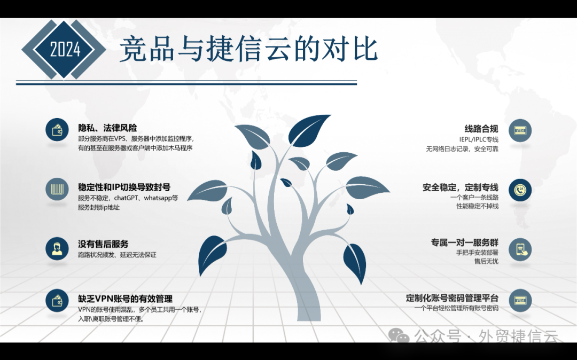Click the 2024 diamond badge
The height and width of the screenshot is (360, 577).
[x=65, y=50]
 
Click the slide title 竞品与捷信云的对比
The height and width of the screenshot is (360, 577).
[x=248, y=50]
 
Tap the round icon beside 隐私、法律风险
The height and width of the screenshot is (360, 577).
[x=57, y=130]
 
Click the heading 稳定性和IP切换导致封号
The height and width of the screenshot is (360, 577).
[x=124, y=187]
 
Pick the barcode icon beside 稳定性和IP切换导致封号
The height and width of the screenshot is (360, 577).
[x=57, y=189]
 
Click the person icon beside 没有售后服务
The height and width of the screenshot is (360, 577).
[x=57, y=248]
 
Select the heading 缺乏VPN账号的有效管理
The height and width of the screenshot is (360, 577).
[x=125, y=299]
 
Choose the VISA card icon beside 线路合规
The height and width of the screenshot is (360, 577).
[x=520, y=130]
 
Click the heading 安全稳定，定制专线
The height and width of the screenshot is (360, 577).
[x=460, y=187]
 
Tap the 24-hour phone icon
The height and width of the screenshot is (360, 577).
[x=520, y=190]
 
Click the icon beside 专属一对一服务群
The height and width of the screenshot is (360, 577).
[x=520, y=249]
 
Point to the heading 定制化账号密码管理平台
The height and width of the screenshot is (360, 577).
[x=452, y=298]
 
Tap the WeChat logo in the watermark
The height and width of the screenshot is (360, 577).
[x=399, y=335]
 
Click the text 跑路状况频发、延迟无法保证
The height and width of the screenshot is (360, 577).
[x=117, y=255]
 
